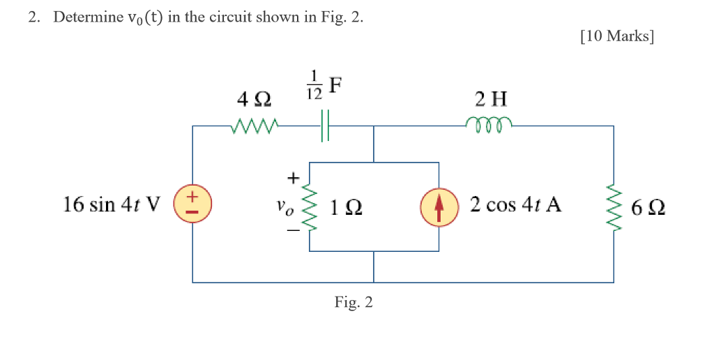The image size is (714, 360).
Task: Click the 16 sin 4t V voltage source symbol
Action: [x=193, y=205]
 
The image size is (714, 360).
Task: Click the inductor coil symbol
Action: [x=492, y=125]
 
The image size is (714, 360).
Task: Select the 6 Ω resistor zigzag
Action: [x=614, y=207]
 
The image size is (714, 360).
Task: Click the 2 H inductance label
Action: [x=492, y=98]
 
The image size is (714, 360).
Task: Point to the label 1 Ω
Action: [x=347, y=207]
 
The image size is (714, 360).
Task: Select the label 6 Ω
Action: [x=647, y=207]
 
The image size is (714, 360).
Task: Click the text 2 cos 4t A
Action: [x=515, y=205]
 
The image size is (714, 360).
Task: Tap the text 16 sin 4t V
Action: [x=112, y=205]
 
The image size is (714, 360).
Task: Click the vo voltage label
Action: [x=281, y=207]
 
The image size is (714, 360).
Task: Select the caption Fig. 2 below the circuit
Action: [x=354, y=303]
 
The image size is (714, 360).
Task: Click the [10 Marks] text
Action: [x=616, y=36]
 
